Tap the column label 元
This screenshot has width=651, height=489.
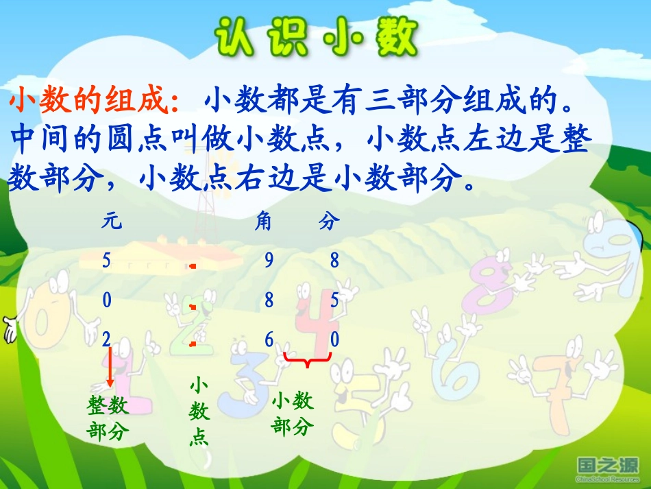coord(112,222)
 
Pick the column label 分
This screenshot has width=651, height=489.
coord(329,222)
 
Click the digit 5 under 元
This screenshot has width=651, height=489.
coord(106,260)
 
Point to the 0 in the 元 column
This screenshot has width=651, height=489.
coord(106,300)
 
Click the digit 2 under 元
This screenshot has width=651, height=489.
coord(106,339)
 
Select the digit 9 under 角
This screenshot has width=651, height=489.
coord(269,260)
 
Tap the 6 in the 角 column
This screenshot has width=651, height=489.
coord(269,339)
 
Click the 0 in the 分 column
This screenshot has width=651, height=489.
coord(334,339)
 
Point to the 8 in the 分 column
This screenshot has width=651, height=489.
coord(334,260)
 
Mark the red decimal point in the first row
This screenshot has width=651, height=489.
coord(194,265)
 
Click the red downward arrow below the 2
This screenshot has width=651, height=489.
coord(110,367)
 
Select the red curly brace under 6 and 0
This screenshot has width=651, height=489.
coord(308,359)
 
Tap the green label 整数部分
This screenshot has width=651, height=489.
coord(108,418)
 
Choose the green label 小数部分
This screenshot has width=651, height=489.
coord(293,414)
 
